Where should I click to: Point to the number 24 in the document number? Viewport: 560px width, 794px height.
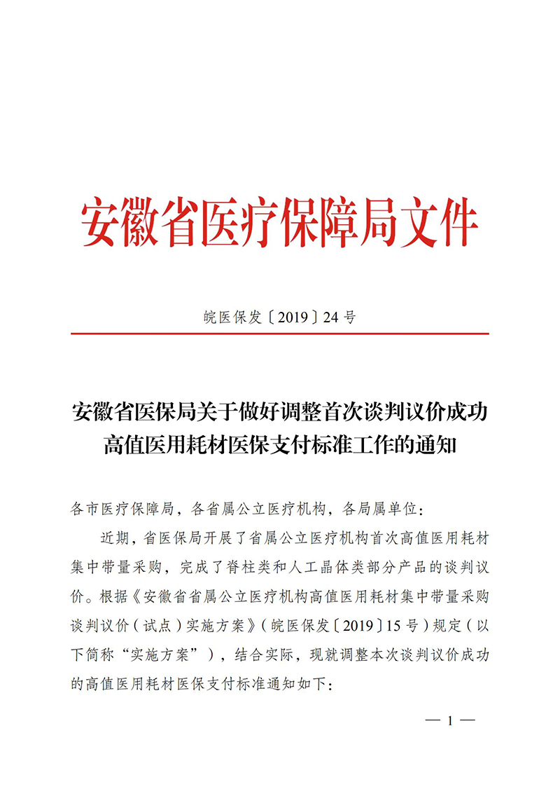tap(331, 317)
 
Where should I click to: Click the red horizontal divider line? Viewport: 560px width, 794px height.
tap(280, 334)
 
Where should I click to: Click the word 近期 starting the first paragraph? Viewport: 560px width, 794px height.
tap(115, 538)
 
